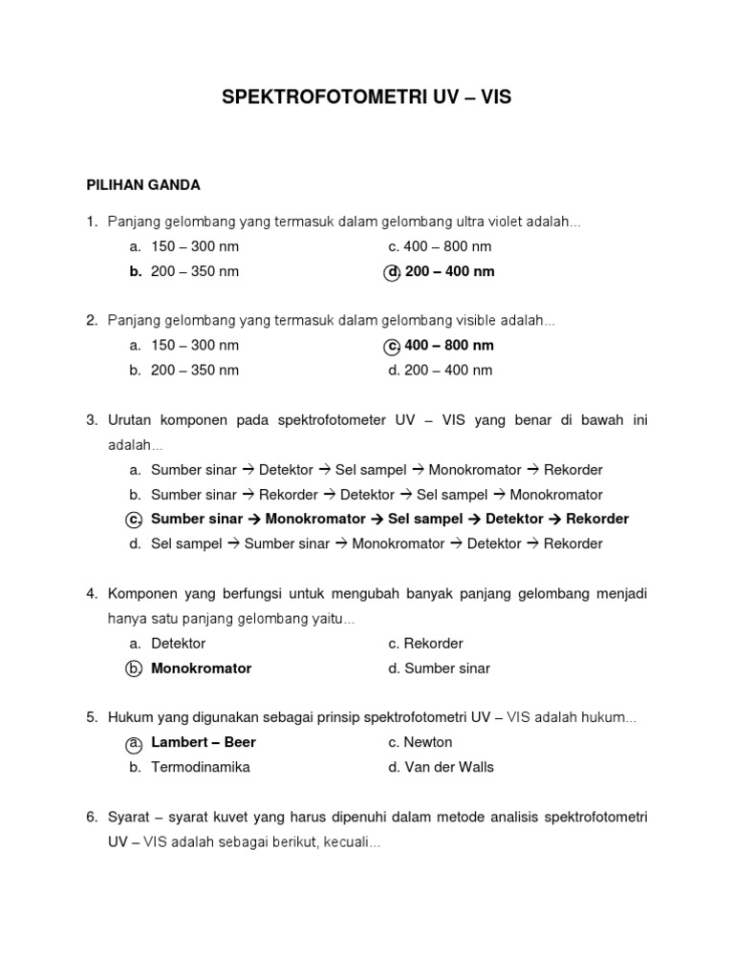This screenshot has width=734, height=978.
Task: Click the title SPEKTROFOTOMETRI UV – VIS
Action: pos(366,97)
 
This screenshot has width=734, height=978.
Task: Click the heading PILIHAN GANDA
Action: pos(143,184)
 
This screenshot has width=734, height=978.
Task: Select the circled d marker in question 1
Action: pos(392,272)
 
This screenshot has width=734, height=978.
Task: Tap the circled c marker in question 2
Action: pos(392,346)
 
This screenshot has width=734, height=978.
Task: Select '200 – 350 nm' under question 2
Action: pos(195,370)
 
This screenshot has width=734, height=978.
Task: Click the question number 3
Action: pos(92,420)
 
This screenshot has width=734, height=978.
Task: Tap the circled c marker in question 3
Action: pos(135,520)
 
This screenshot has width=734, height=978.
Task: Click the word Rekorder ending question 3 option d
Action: pos(573,543)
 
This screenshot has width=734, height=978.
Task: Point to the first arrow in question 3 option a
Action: pos(248,470)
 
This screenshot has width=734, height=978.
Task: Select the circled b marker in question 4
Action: pos(135,669)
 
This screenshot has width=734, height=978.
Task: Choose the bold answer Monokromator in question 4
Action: pos(201,669)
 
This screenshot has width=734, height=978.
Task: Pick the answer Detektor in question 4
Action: pos(178,644)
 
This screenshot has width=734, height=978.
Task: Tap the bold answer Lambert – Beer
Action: pos(204,742)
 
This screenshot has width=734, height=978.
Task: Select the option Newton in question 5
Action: pos(428,742)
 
